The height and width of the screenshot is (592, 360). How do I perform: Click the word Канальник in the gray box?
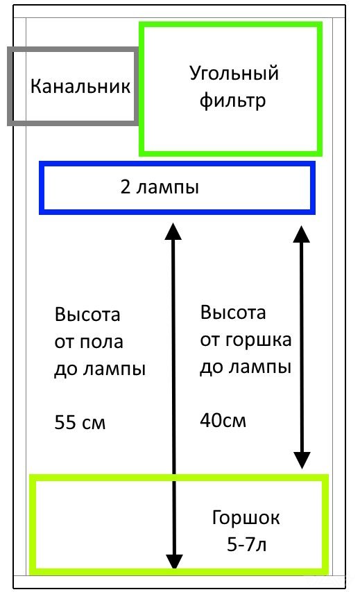click(80, 87)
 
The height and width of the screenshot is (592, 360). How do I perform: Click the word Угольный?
click(234, 73)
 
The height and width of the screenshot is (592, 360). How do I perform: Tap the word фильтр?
click(233, 101)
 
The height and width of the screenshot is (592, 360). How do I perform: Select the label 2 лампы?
click(160, 187)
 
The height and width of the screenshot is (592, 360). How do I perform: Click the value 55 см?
click(80, 421)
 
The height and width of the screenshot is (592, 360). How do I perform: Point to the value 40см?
click(223, 419)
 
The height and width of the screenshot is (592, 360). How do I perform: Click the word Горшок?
click(247, 518)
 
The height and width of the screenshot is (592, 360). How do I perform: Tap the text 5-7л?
click(247, 545)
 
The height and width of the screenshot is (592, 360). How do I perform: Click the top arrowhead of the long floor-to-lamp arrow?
click(173, 229)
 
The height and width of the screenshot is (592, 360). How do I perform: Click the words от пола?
click(89, 342)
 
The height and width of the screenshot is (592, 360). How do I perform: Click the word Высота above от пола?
click(87, 315)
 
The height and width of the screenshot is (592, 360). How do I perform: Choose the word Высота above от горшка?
click(233, 313)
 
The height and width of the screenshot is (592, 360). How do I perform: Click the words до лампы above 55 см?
click(100, 369)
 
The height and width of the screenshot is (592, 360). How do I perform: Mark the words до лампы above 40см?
click(246, 367)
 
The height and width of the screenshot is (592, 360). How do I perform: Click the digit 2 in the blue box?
click(126, 187)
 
